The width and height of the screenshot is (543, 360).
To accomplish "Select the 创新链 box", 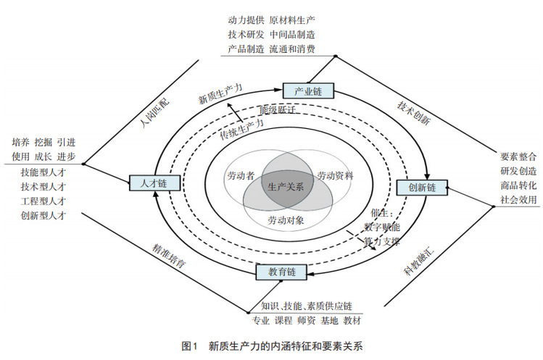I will coord(420,187).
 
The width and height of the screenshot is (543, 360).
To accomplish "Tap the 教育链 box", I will coord(281,272).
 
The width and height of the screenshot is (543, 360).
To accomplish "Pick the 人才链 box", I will coord(149,183).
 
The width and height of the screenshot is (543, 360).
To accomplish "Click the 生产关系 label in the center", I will coord(286,187).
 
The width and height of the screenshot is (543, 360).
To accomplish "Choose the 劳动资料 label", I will coord(335,175).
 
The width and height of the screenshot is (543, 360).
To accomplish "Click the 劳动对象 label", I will coord(286,219).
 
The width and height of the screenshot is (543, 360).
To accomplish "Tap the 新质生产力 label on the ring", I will coord(220,93).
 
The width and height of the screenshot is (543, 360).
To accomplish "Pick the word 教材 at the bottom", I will coord(352,321).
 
